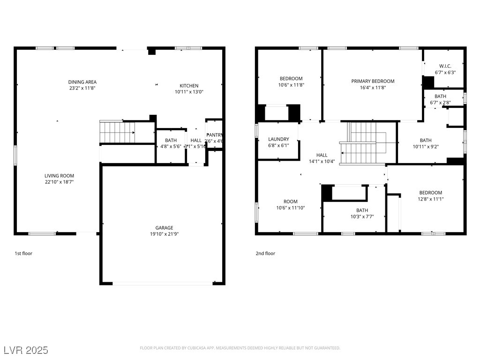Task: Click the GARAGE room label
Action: click(x=165, y=227)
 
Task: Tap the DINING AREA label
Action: click(x=82, y=82)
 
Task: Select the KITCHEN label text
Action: click(x=189, y=86)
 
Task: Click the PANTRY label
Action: click(x=214, y=135)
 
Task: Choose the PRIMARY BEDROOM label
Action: click(x=373, y=81)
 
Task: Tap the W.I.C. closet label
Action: click(x=445, y=66)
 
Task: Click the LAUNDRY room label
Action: click(x=278, y=139)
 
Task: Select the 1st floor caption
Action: click(x=23, y=254)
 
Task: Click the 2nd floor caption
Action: click(x=265, y=254)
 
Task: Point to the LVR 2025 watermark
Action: click(x=26, y=350)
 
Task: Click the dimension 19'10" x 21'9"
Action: click(x=165, y=234)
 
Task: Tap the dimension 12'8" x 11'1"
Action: click(x=430, y=199)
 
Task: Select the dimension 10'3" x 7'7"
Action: click(x=362, y=217)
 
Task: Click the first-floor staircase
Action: click(x=117, y=132)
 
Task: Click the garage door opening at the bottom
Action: click(x=163, y=283)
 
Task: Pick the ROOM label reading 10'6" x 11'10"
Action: click(x=291, y=202)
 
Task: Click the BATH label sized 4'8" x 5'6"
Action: click(x=171, y=140)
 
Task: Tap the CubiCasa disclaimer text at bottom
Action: click(x=240, y=348)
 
